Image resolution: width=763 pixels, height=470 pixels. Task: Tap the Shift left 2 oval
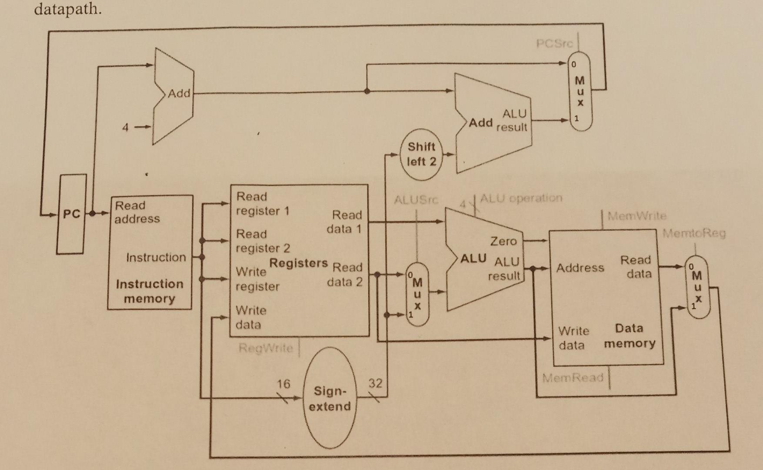point(421,154)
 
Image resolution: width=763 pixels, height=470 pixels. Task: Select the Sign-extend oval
point(330,398)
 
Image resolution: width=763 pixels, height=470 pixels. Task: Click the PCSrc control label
point(554,44)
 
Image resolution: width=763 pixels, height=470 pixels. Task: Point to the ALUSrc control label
point(416,200)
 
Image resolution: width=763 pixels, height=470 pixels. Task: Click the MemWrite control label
point(636,215)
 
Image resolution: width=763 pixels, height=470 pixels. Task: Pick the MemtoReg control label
point(694,234)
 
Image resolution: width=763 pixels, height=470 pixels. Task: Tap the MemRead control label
point(573,377)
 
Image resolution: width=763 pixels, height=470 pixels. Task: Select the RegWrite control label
point(266,348)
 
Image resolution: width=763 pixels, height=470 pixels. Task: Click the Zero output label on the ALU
point(503,241)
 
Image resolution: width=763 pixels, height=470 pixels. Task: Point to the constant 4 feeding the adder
point(125,128)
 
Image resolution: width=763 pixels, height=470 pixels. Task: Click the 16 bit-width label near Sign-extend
point(283,384)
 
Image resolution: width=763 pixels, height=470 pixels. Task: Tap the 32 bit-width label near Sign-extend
point(375,383)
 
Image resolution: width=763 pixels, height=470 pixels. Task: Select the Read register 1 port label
point(262,204)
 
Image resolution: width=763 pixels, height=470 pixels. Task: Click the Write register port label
point(257,279)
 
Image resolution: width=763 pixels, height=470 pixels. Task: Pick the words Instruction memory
point(149,291)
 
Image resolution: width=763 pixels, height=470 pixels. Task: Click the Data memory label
point(630,336)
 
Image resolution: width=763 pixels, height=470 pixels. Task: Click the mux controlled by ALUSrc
point(417,295)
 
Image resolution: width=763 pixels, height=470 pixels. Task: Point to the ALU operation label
point(521,198)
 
